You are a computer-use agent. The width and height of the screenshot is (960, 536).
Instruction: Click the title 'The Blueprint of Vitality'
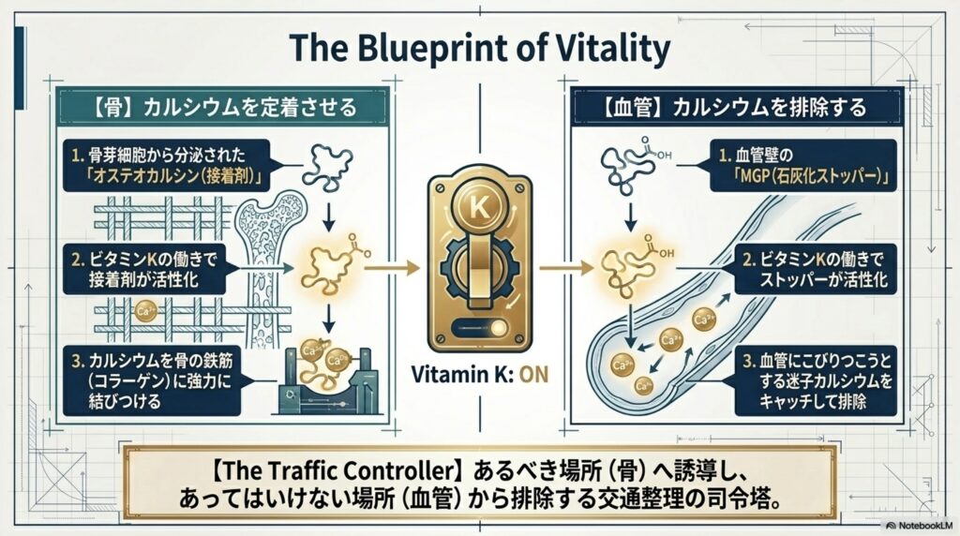click(479, 48)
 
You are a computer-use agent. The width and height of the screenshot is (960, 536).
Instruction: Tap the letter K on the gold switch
click(479, 207)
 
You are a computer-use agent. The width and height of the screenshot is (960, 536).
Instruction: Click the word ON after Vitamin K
click(533, 374)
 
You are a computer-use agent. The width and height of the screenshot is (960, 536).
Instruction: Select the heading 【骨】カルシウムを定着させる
click(224, 108)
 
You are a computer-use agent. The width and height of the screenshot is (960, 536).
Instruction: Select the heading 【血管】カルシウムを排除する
click(735, 108)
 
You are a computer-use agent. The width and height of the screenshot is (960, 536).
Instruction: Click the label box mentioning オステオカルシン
click(167, 165)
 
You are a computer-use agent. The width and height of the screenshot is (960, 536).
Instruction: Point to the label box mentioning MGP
click(803, 165)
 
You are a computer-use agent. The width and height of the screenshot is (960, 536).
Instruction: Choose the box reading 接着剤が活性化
click(143, 269)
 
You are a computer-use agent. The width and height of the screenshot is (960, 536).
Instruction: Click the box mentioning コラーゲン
click(152, 380)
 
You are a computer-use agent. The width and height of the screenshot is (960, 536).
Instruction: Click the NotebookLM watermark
click(920, 525)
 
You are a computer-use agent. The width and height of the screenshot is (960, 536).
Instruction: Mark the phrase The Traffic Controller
click(336, 471)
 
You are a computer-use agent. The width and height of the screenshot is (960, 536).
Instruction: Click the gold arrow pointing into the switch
click(392, 268)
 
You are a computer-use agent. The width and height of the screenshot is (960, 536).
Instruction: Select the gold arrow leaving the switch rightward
click(567, 268)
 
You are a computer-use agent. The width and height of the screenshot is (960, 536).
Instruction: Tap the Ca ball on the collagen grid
click(145, 311)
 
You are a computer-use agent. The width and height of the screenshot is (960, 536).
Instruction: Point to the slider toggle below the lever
click(480, 329)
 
